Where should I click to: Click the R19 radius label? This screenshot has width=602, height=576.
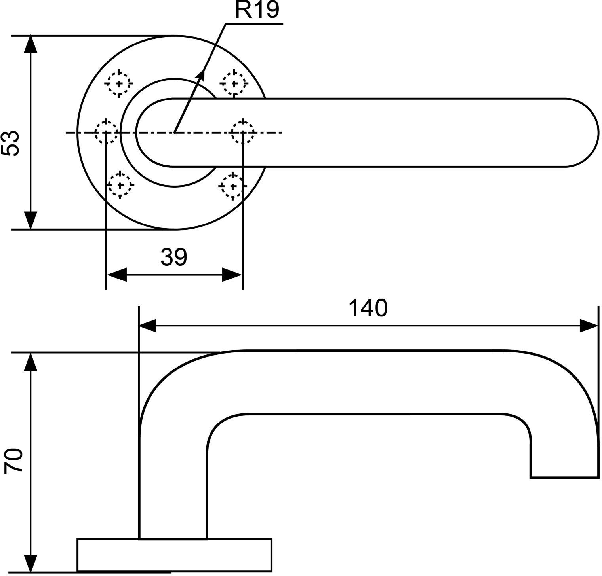[x=257, y=11]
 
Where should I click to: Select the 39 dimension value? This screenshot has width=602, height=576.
[x=173, y=258]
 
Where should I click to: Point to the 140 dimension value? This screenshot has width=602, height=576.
[x=368, y=308]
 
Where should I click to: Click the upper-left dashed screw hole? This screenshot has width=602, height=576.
[x=118, y=83]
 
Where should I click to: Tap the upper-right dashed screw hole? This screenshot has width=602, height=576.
[x=234, y=83]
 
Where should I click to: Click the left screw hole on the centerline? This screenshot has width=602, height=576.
[x=106, y=132]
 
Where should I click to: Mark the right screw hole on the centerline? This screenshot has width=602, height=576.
[x=242, y=132]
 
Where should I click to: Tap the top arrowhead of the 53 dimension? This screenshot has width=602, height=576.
[x=30, y=44]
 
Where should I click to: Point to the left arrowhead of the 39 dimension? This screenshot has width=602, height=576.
[x=116, y=275]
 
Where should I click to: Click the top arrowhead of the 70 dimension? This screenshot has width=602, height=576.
[x=30, y=361]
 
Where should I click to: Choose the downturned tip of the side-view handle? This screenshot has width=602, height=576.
[x=564, y=459]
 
